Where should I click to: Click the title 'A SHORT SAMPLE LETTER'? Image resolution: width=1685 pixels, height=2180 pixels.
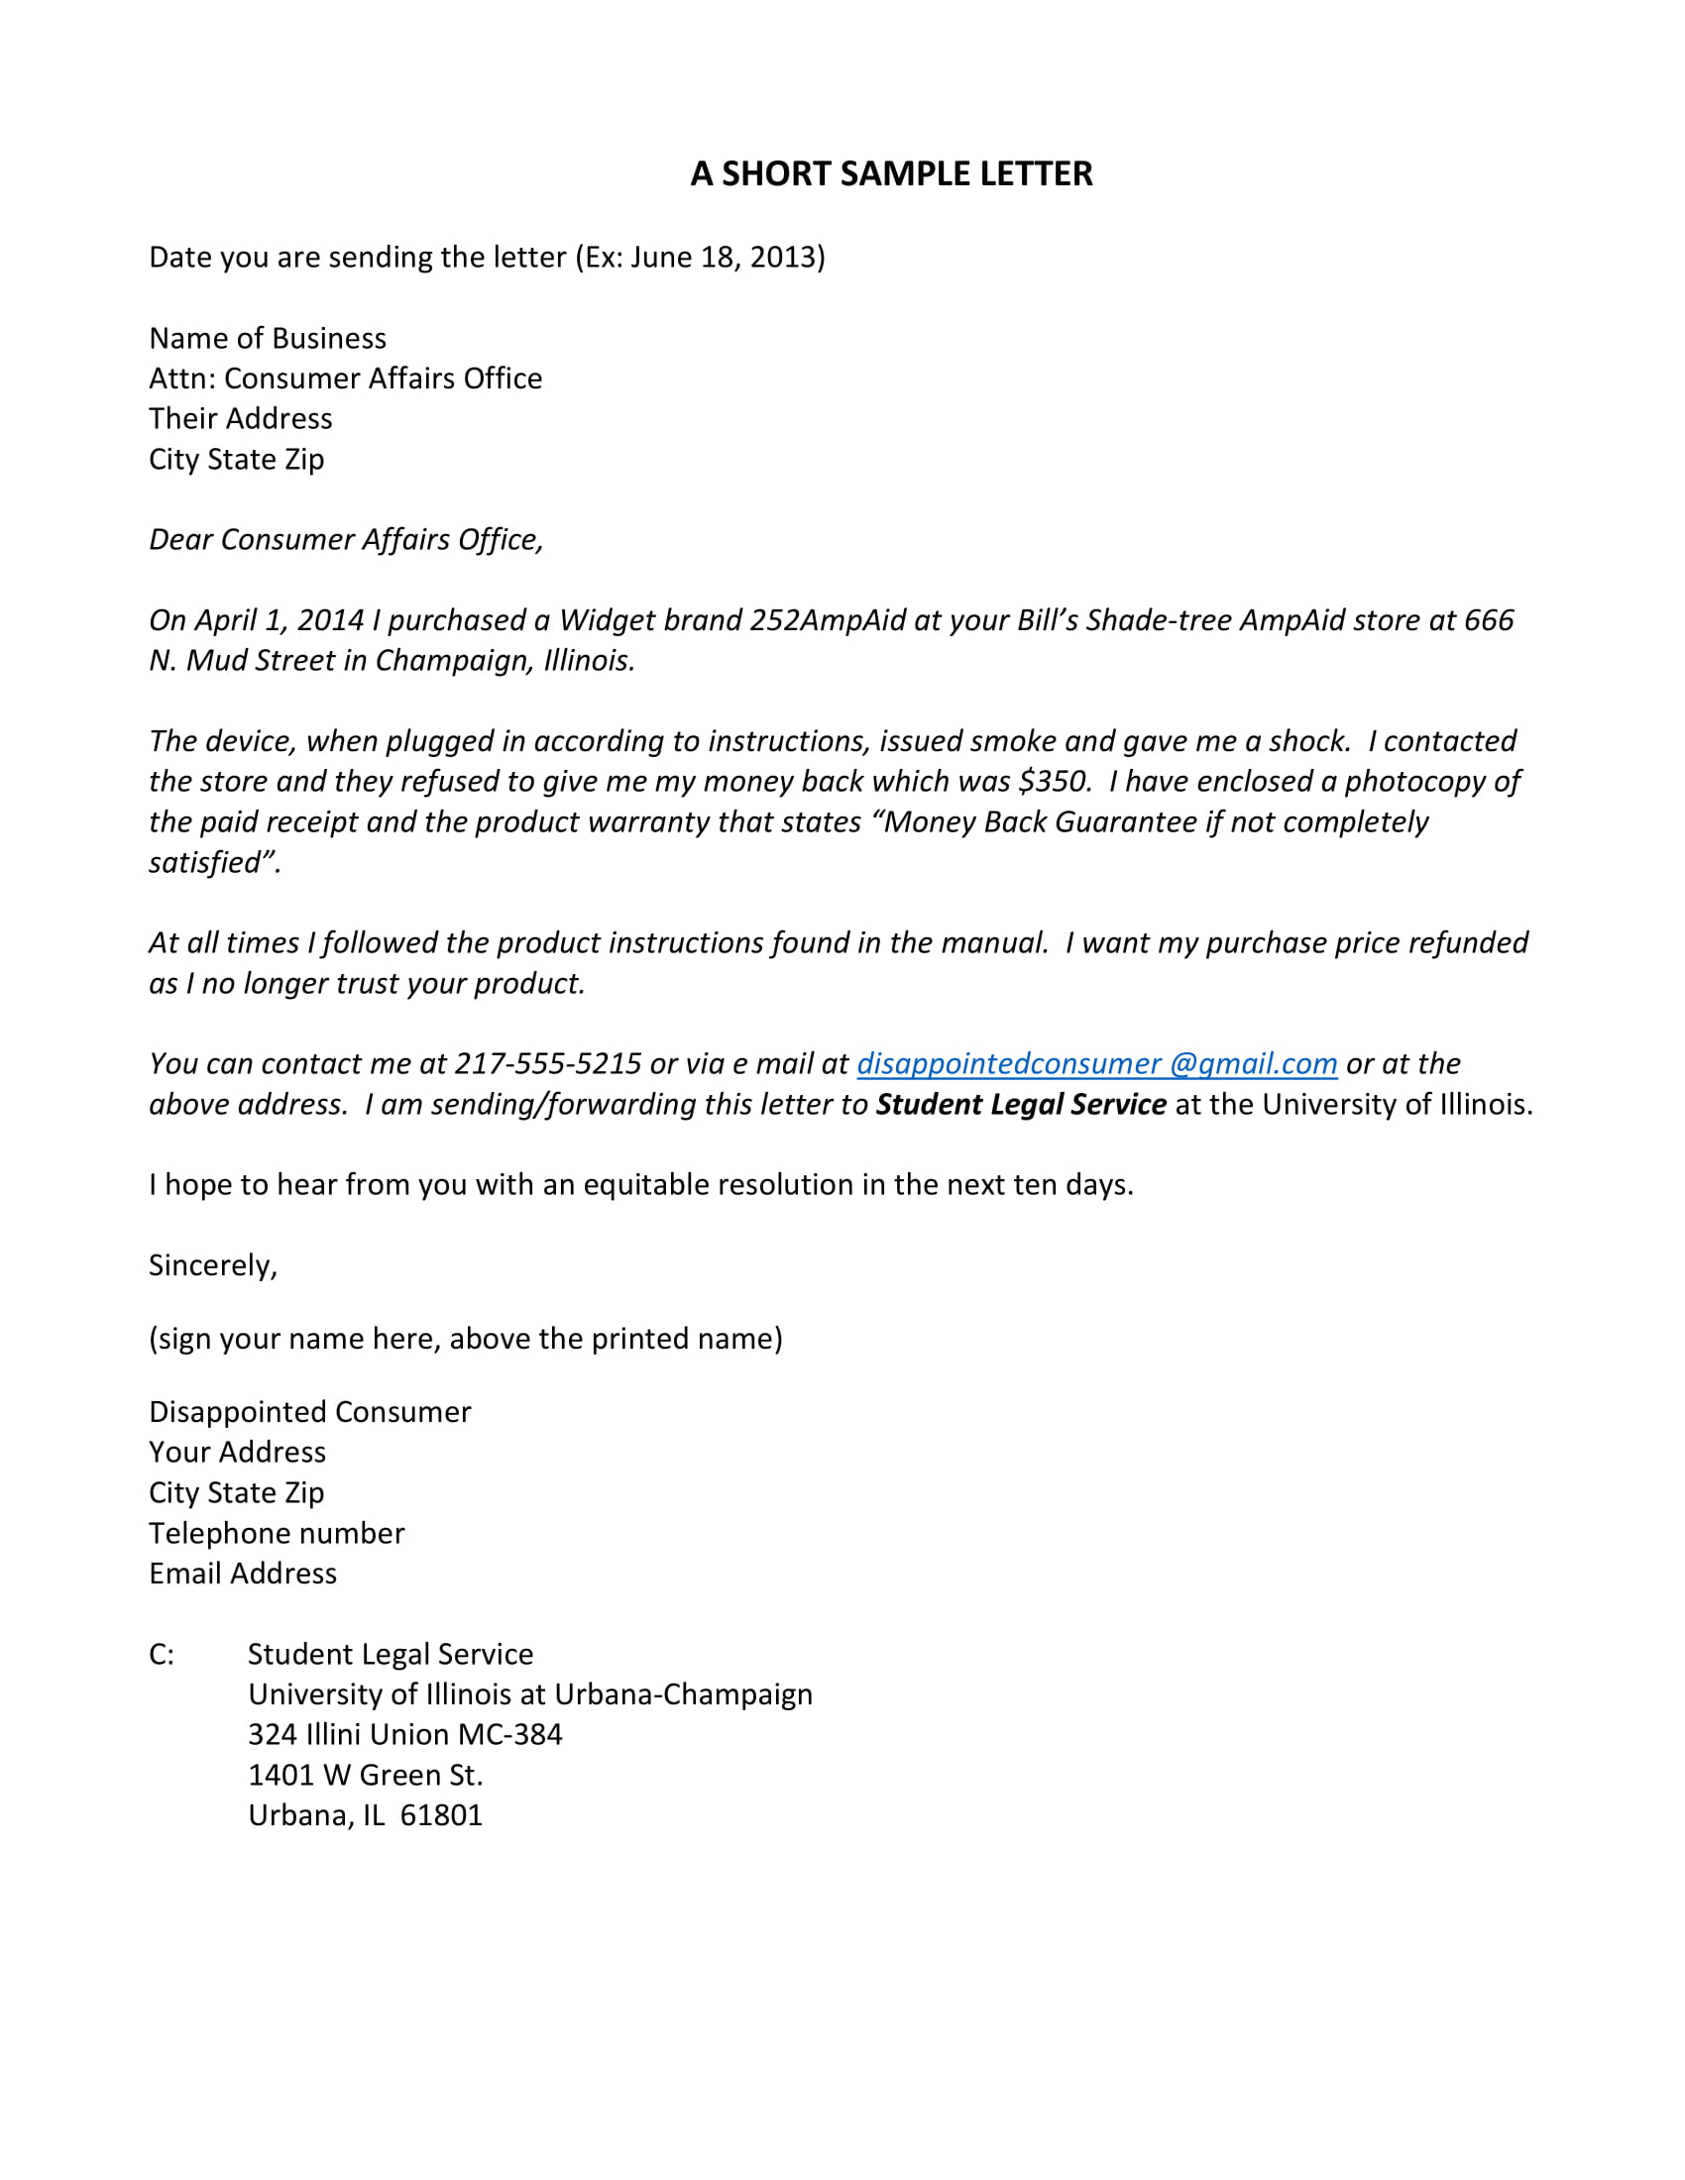(890, 173)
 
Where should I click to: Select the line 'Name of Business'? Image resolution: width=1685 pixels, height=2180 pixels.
(268, 338)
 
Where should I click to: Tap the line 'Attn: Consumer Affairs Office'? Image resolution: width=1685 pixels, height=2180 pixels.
(345, 379)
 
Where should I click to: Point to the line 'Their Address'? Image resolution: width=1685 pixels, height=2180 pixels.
(241, 418)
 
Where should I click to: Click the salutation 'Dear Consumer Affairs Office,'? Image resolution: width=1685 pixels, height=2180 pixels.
(345, 539)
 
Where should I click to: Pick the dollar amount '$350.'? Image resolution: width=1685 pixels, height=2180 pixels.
(1055, 781)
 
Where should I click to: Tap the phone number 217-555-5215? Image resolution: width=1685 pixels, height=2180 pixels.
(547, 1063)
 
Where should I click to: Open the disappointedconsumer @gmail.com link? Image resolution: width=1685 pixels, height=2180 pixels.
(1096, 1064)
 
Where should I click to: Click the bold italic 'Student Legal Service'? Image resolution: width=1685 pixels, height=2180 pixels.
(1020, 1104)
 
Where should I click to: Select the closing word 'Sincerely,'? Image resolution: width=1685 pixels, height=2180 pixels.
(213, 1265)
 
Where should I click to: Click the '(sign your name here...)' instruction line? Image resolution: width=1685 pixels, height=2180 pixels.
(465, 1339)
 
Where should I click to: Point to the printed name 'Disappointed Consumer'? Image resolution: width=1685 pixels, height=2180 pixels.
(309, 1411)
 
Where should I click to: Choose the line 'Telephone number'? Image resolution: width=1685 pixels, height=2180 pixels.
(277, 1532)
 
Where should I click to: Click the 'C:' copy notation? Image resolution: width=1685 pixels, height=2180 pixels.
(161, 1654)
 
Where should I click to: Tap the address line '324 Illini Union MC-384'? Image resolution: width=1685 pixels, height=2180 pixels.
(404, 1734)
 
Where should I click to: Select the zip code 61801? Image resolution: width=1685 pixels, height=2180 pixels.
(441, 1814)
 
